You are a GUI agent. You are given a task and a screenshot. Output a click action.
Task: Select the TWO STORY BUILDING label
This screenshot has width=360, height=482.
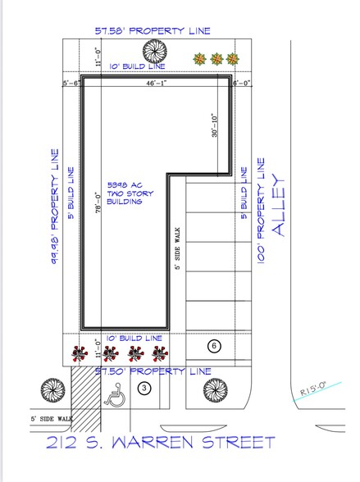pos(125,193)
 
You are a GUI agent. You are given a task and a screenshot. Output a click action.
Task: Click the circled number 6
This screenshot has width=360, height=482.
pos(215,346)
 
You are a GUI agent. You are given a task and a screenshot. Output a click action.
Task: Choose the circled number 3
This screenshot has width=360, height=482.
pos(144,389)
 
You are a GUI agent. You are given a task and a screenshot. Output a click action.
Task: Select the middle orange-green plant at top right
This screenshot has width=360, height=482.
pos(216,59)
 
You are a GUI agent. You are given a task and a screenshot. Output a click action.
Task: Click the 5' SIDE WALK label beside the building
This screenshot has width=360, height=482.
pos(175,251)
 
